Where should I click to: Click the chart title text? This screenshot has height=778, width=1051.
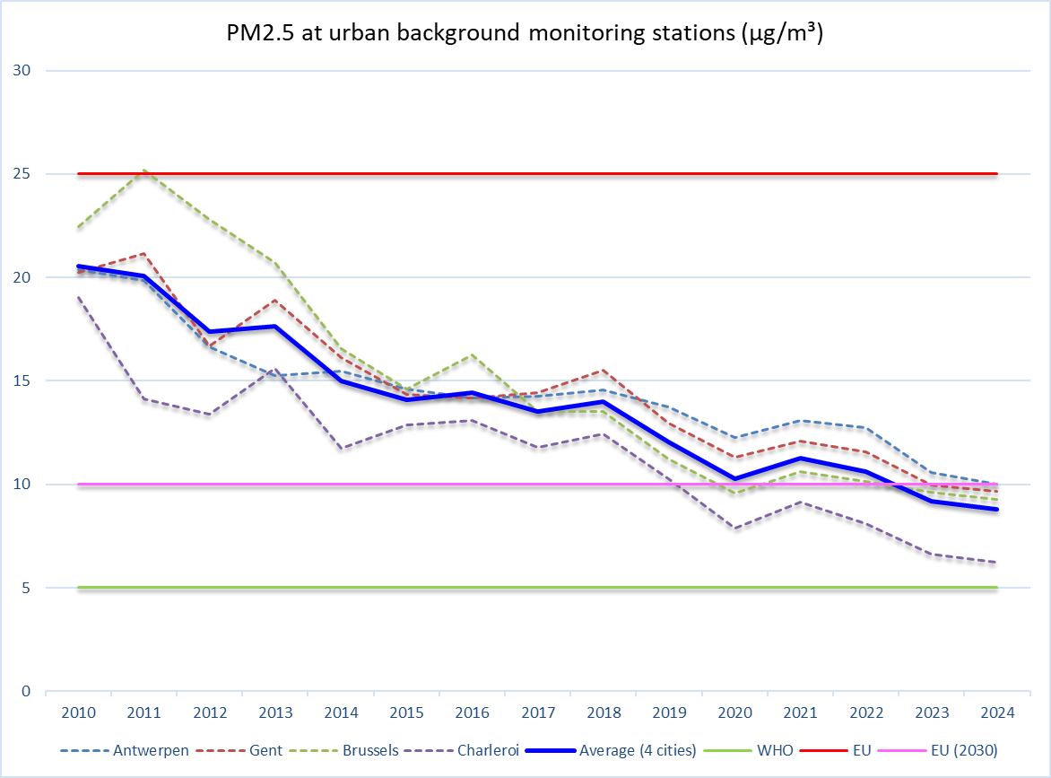click(525, 34)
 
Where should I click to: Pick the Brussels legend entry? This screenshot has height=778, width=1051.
click(370, 750)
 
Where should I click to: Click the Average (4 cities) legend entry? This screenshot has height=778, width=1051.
click(638, 750)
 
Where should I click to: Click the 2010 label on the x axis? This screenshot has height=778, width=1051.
click(79, 713)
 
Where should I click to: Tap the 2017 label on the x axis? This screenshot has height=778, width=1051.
click(537, 713)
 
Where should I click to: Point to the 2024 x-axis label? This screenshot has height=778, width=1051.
click(997, 713)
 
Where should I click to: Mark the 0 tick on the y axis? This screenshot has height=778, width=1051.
click(25, 692)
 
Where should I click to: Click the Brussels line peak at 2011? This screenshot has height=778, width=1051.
click(144, 170)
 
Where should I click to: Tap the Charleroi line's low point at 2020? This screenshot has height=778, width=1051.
click(734, 529)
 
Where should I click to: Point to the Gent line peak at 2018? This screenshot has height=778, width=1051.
click(604, 370)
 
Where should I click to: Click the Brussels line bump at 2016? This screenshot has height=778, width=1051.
click(473, 355)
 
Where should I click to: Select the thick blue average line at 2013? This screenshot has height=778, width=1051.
click(275, 327)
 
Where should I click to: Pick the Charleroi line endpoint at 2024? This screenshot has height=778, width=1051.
click(997, 563)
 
